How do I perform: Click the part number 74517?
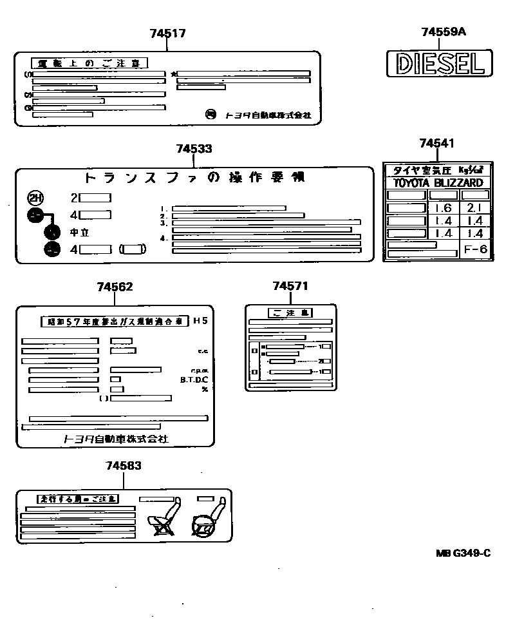(167, 34)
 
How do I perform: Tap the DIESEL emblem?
(438, 64)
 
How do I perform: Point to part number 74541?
(436, 143)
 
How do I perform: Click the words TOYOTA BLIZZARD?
(438, 183)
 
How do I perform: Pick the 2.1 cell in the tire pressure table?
(475, 208)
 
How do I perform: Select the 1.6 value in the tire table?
(443, 208)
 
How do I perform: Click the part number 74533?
(194, 149)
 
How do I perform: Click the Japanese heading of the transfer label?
(194, 177)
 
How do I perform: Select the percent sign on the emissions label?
(205, 389)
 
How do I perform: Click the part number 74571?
(290, 285)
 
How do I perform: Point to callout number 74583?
(124, 465)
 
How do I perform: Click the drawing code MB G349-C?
(463, 553)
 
